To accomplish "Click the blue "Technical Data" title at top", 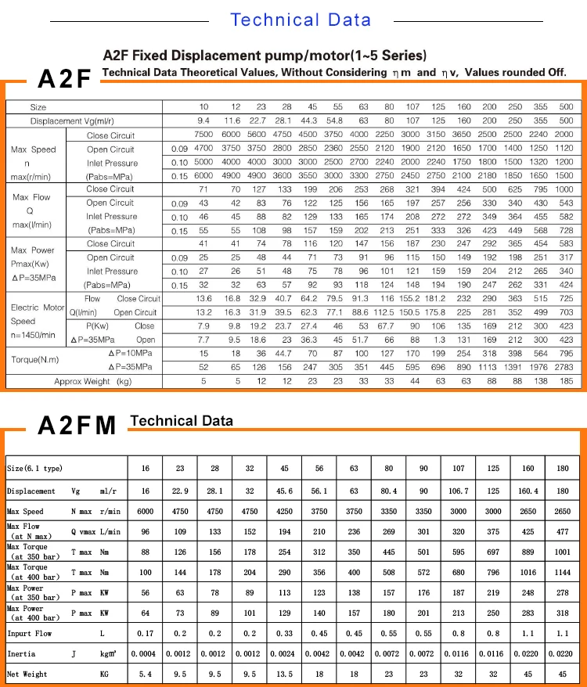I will tap(300, 20).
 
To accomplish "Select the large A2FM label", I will tap(77, 425).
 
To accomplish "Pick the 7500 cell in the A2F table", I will tap(203, 135).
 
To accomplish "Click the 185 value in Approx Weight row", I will tap(566, 381).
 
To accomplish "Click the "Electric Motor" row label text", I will tap(38, 308).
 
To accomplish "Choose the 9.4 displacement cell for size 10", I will tap(203, 120).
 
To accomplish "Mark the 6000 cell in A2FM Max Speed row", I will tap(145, 511).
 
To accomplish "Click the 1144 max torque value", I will tap(563, 572).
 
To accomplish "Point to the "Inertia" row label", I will tap(21, 653).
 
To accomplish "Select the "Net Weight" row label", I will tap(27, 674).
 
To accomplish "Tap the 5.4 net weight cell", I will tap(145, 674).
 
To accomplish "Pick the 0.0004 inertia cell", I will tap(145, 653).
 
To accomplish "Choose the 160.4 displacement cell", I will tap(528, 491).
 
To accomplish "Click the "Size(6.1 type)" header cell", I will tap(34, 468).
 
